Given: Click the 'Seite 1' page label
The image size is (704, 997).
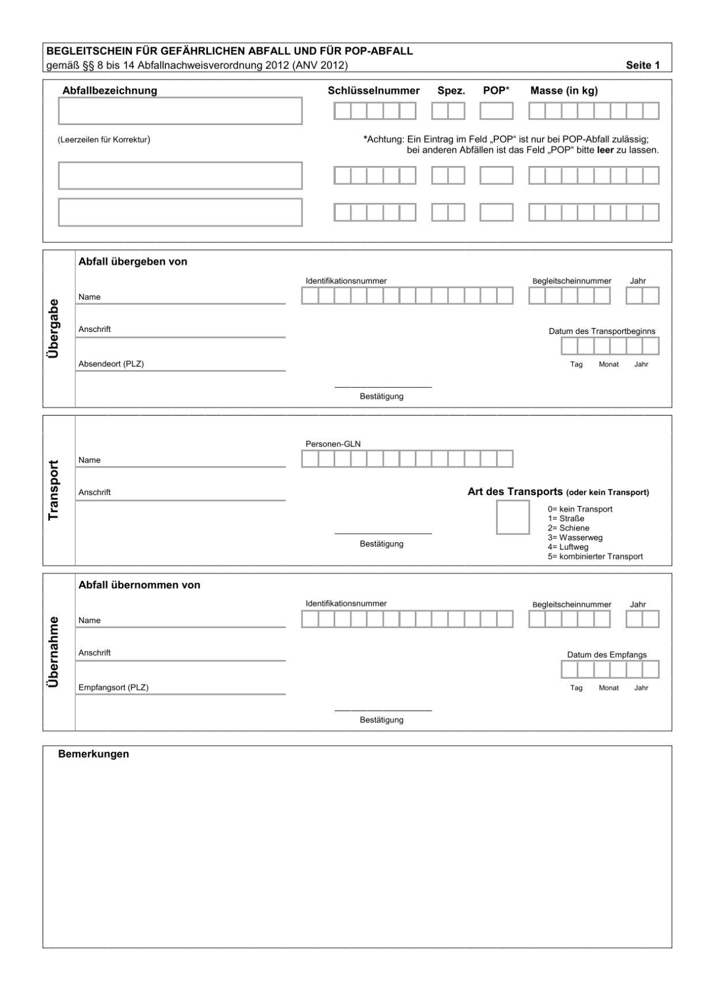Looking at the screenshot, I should [642, 66].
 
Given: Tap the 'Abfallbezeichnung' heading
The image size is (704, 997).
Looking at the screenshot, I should [109, 90].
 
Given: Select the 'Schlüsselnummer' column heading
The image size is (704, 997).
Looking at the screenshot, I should [373, 90].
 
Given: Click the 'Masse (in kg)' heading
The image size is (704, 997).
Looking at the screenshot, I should [563, 90].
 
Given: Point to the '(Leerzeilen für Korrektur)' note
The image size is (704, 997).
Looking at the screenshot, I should [104, 139].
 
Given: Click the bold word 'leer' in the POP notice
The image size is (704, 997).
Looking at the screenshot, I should [604, 150].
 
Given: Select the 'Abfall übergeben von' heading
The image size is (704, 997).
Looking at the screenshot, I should [133, 262].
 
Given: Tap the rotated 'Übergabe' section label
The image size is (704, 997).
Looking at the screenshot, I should [54, 328].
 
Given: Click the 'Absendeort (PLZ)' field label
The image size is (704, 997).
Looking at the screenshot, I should [111, 364].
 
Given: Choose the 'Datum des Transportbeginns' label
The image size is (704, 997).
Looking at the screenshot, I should [601, 331].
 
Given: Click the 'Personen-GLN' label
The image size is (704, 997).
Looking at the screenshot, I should [333, 444].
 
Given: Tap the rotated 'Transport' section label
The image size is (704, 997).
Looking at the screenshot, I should [54, 490].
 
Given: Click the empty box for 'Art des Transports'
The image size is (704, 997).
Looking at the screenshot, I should [513, 517].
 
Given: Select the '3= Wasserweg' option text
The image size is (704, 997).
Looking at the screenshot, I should [575, 538].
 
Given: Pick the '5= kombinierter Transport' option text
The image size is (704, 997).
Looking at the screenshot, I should [595, 557].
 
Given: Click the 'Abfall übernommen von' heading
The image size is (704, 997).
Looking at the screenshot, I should [139, 585].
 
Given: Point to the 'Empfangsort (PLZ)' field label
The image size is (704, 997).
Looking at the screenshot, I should [113, 687].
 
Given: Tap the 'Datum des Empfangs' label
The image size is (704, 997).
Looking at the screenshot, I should [607, 655].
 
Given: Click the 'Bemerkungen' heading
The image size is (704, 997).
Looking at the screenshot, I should [93, 754].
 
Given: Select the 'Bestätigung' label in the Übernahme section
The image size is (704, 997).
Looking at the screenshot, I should [381, 720].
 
